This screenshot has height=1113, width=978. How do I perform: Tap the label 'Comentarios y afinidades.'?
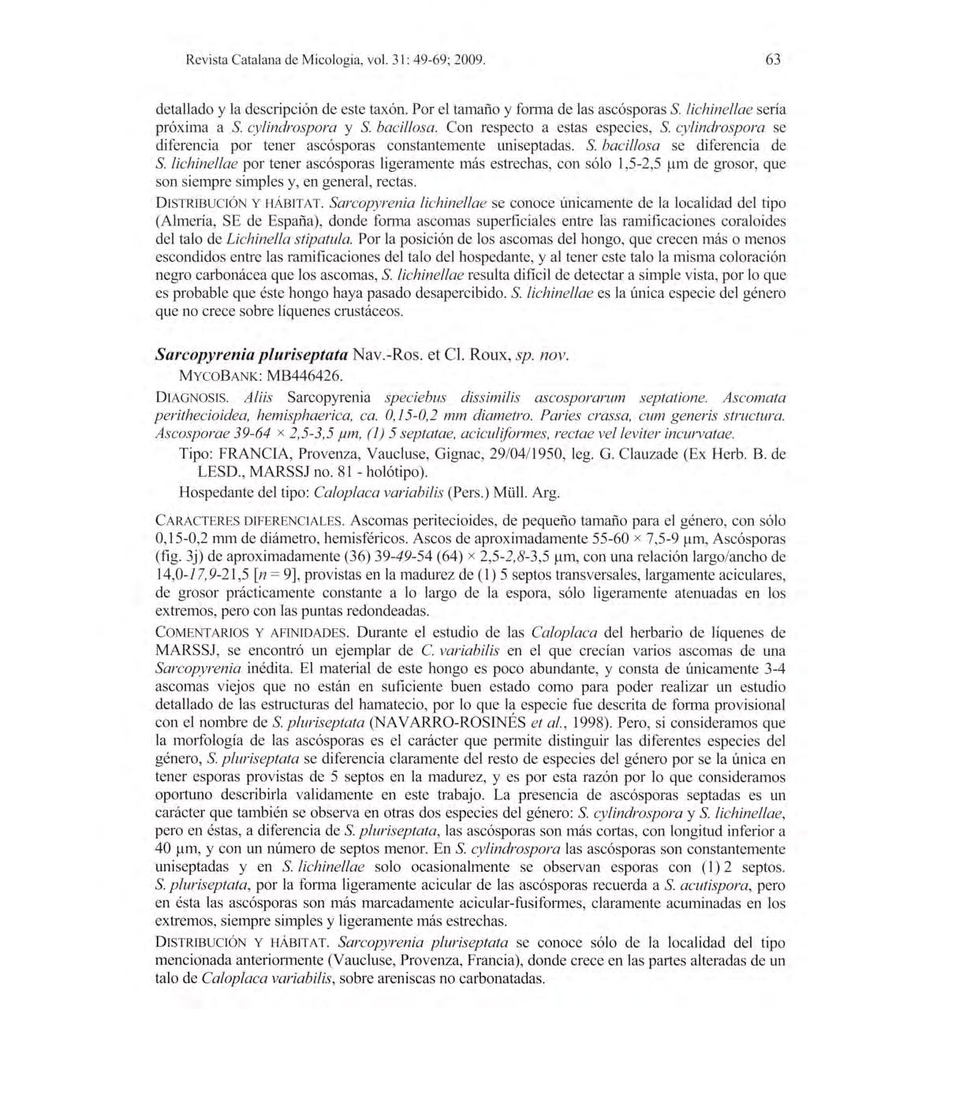[x=251, y=633]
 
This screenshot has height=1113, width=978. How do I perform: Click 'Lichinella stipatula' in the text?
[x=289, y=239]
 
